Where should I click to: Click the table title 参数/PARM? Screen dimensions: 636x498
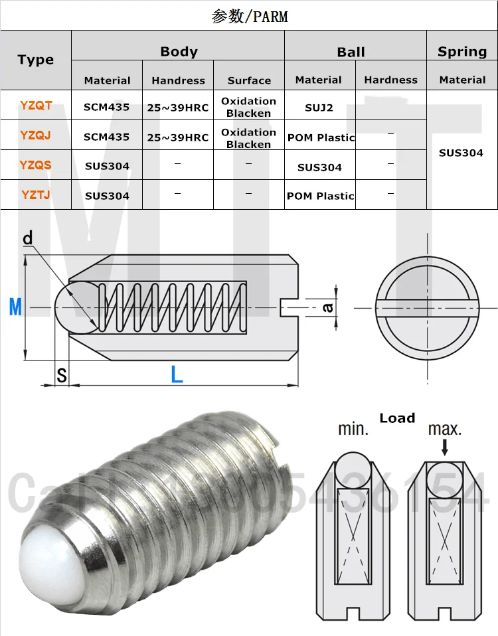coord(249,16)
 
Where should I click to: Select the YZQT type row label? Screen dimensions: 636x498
coord(36,105)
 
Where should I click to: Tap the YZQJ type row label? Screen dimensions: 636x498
coord(36,135)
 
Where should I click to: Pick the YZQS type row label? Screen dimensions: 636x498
coord(36,165)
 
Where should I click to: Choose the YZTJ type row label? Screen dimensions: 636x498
coord(36,195)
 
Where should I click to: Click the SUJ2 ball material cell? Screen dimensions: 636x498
coord(319,106)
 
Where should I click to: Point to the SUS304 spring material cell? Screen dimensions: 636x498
coord(461,153)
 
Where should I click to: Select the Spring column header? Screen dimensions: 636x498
coord(462,52)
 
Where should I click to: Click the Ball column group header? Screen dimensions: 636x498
coord(351,52)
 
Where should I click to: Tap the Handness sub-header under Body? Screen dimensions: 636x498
coord(178,80)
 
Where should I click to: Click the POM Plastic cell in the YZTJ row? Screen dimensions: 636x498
coord(320,196)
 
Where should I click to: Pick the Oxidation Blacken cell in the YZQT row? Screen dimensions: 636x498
coord(249,107)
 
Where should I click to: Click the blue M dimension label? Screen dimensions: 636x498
coord(15,307)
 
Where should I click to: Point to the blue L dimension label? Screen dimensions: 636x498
coord(177,374)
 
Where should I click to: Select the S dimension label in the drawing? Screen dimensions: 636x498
coord(61,376)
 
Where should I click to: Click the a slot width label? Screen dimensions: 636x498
coord(327,307)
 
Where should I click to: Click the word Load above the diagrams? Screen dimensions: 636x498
coord(397,418)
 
